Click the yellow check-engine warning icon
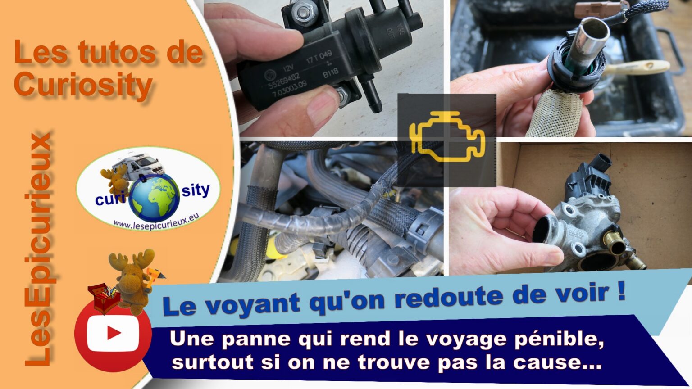pos(447,137)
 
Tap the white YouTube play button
pos(113,333)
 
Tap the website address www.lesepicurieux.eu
pos(156,222)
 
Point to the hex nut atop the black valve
pos(304,12)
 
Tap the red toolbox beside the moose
pos(104,298)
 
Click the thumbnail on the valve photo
pos(322,105)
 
